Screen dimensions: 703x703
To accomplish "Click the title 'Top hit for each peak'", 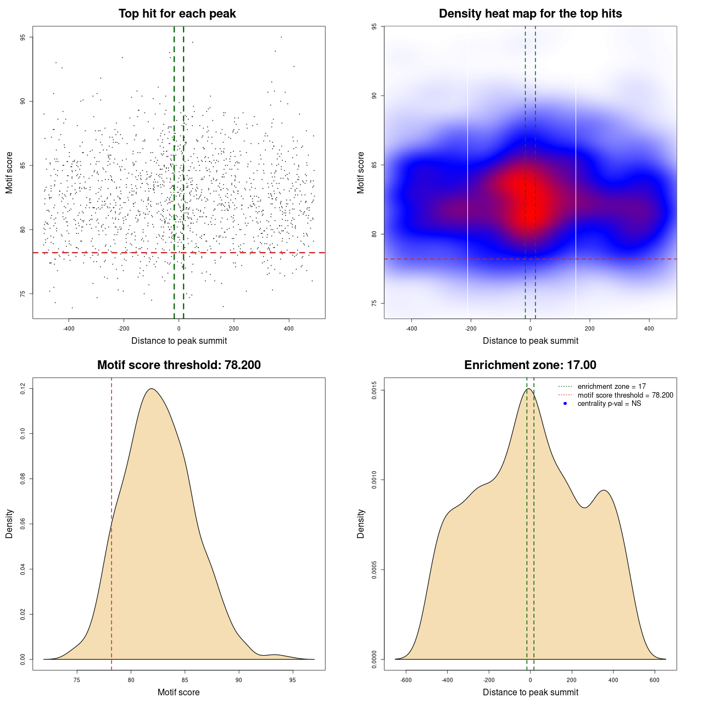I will tap(177, 14).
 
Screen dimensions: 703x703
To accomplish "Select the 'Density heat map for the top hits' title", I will tap(530, 14).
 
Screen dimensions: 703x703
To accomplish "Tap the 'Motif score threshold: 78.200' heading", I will tap(178, 365).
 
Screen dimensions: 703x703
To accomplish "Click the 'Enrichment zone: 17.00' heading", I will tap(530, 365).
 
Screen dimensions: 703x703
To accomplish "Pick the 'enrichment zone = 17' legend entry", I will tap(611, 387).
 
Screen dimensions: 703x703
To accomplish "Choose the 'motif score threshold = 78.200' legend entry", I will tap(625, 395).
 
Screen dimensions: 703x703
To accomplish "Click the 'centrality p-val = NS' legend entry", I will tap(609, 404).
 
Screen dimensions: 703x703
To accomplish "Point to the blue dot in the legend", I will tap(565, 404).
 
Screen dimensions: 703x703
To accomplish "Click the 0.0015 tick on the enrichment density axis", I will tap(374, 390).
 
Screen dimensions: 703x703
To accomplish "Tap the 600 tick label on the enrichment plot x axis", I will tap(655, 680).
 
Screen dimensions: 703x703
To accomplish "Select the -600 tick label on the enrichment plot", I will tap(406, 680).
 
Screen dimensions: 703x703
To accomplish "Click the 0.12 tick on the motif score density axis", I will tap(23, 389).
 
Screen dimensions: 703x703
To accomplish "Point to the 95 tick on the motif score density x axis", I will tap(292, 680).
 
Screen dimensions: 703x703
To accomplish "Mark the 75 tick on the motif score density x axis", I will tap(77, 680).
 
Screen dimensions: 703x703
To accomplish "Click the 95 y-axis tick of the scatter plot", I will tap(23, 37).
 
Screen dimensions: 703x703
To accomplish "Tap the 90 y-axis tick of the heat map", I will tap(374, 96).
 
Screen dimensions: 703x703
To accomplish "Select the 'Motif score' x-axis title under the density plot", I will tap(178, 692).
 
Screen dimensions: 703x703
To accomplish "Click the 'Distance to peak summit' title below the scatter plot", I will tap(179, 341).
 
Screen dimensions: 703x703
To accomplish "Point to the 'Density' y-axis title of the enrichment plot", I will tap(361, 523).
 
